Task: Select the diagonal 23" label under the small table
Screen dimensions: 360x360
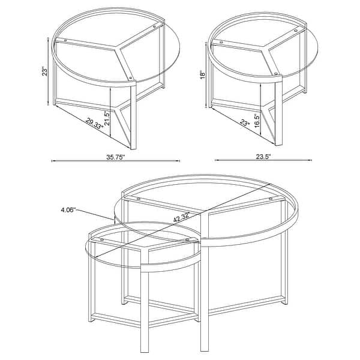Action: [244, 124]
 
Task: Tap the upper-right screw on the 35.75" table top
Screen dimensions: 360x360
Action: [156, 26]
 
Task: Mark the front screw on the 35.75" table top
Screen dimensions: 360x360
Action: [131, 77]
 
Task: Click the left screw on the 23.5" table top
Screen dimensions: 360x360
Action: [221, 43]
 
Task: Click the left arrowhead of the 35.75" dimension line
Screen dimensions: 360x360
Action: [53, 160]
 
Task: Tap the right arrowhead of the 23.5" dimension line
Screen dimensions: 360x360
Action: [311, 160]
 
